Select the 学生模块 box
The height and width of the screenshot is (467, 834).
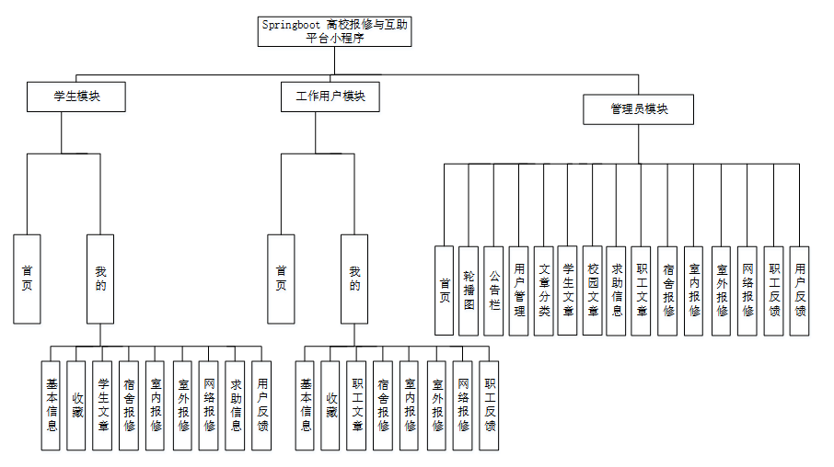point(75,97)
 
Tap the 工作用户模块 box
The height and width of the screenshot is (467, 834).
point(330,97)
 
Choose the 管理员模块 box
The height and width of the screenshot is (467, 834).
point(638,109)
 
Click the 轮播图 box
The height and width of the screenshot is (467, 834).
point(469,290)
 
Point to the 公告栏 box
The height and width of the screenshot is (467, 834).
point(494,290)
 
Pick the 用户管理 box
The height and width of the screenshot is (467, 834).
point(519,290)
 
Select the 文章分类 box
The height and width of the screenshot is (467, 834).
point(544,290)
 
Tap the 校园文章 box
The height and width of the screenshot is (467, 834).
point(593,290)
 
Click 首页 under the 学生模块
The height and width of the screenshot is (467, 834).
point(28,279)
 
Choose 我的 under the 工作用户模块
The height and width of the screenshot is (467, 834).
point(354,279)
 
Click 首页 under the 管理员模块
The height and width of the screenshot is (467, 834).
point(445,290)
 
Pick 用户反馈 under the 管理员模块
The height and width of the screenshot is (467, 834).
point(800,290)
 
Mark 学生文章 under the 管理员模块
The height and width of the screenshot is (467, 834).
point(568,290)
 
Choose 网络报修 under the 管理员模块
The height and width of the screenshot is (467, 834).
point(747,290)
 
